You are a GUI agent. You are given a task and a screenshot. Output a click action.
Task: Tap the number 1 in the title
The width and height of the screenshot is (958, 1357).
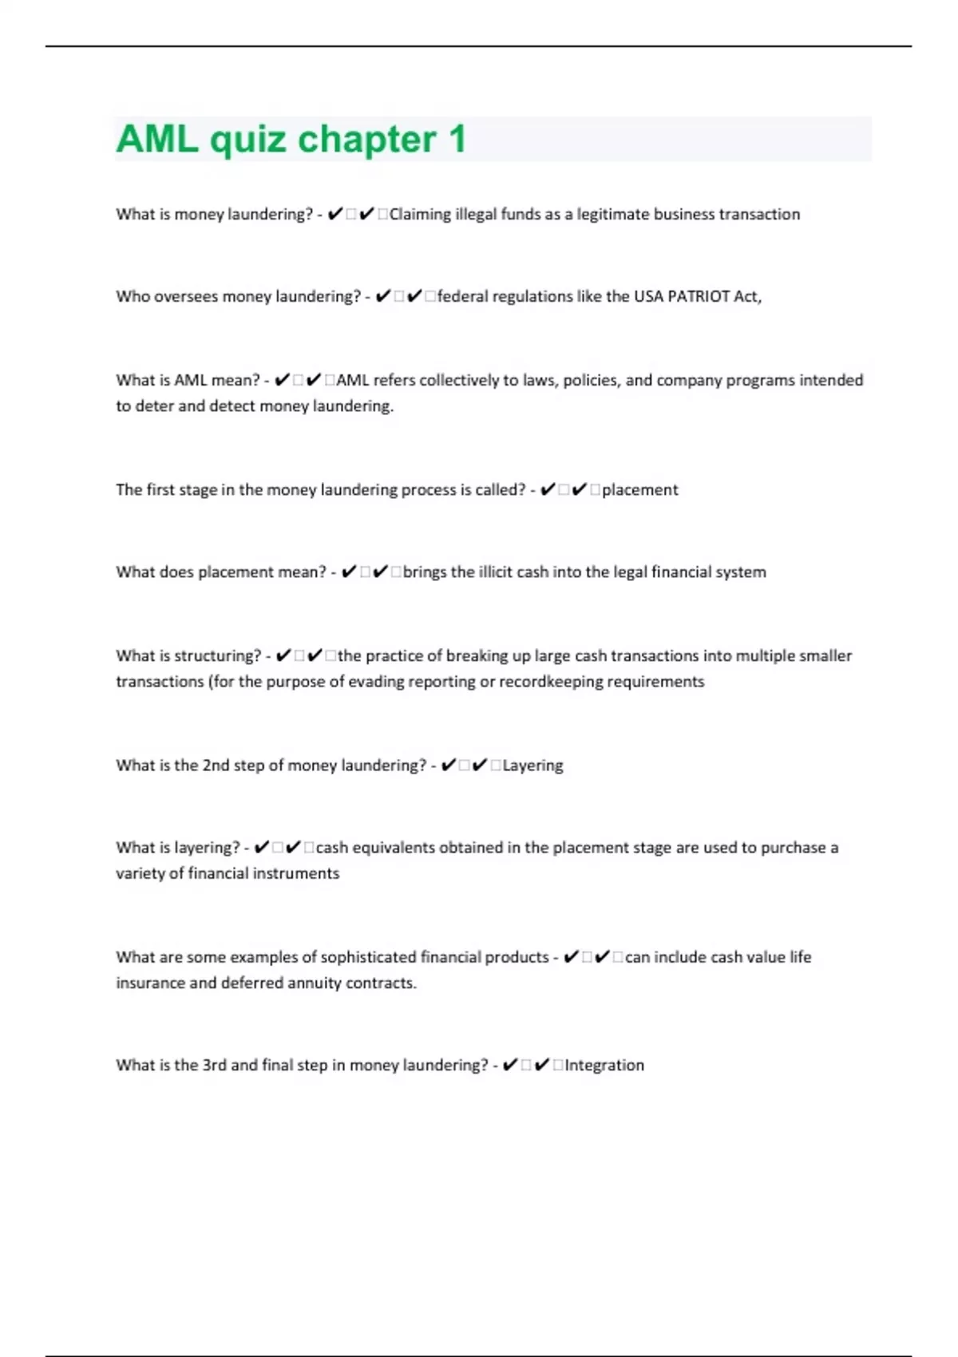coord(457,139)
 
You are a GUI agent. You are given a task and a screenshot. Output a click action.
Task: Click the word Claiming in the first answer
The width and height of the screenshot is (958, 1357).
coord(420,214)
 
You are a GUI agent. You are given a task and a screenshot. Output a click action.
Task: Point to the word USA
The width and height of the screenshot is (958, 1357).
coord(648,296)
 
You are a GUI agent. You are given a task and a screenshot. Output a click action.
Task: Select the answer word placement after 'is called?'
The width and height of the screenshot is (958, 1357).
coord(640,489)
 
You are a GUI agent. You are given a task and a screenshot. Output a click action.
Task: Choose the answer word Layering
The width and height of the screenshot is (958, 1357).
coord(532,765)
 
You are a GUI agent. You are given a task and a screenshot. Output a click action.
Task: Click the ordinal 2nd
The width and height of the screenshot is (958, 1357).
coord(216,765)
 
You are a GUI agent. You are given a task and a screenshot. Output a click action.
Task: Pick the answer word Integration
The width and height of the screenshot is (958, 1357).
coord(604,1065)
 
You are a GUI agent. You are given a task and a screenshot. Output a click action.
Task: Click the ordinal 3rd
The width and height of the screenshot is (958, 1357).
coord(214,1065)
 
